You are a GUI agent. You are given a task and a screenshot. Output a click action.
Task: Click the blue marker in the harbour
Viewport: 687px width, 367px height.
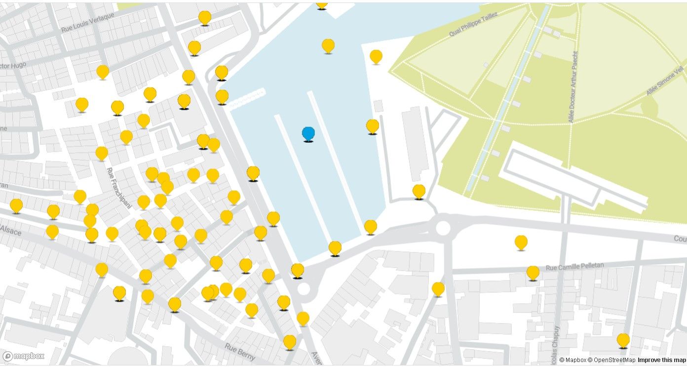coord(308,133)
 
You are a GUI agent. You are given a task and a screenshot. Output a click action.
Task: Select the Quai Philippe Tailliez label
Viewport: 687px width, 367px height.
coord(473,24)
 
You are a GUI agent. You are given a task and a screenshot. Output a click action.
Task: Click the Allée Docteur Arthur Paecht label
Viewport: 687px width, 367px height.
coord(573,86)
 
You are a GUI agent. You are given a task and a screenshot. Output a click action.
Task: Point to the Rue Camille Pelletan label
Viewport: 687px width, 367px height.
coord(574,267)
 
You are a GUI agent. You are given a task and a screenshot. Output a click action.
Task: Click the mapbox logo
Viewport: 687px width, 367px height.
coord(24,356)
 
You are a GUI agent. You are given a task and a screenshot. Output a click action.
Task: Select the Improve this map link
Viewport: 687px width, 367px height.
coord(661,360)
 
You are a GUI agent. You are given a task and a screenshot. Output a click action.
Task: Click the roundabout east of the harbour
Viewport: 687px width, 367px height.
coord(443,228)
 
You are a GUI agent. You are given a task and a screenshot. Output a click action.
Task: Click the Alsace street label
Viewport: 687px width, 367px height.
coord(11,230)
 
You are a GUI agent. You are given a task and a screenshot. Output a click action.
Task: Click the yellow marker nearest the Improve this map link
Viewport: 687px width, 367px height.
coord(623,340)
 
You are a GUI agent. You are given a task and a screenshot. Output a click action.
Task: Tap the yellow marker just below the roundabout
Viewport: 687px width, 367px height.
coord(438,288)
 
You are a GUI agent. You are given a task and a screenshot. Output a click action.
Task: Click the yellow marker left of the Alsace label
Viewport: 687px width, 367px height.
coord(16,205)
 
